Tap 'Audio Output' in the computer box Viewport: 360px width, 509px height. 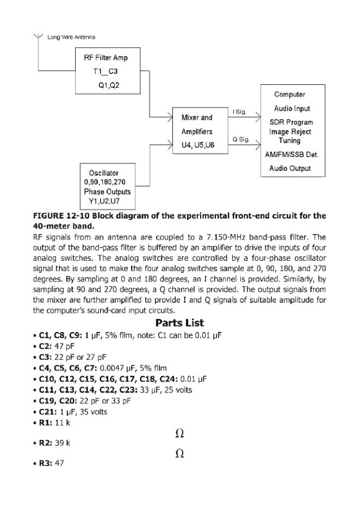289,169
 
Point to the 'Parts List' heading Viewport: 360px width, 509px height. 180,323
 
